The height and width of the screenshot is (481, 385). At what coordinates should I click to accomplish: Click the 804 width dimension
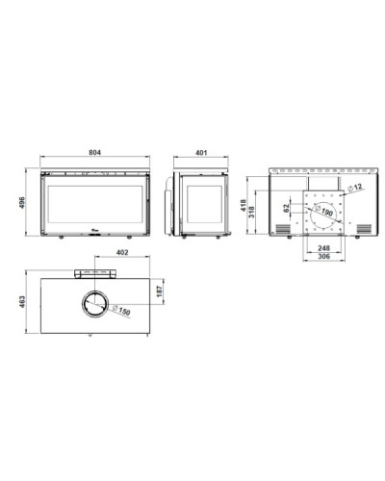94,152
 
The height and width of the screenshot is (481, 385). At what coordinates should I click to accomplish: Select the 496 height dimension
22,203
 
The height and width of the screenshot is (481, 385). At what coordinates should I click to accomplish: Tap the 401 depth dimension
201,153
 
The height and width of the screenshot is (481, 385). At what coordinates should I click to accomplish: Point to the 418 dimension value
244,205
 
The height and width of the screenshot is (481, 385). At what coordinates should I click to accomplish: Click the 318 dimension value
252,213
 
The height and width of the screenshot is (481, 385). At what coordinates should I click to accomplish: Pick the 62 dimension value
287,208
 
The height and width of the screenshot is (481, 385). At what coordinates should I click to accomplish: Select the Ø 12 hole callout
355,188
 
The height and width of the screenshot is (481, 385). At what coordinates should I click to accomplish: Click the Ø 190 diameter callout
323,211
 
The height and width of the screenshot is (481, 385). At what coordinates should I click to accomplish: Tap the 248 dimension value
323,248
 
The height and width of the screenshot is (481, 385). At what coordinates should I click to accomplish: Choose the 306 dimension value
323,257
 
